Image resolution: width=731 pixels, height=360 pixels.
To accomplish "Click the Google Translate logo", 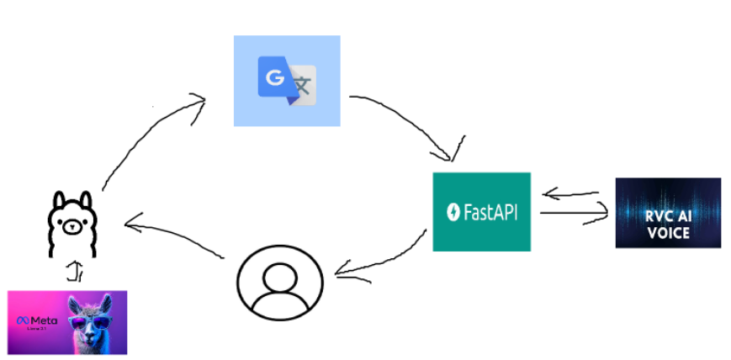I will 286,81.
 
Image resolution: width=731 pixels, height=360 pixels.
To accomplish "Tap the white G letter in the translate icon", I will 273,78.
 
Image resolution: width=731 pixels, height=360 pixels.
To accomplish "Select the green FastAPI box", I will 481,211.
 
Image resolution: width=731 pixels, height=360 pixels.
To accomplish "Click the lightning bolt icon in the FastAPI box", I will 453,211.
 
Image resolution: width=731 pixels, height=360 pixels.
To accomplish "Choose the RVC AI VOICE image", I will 668,212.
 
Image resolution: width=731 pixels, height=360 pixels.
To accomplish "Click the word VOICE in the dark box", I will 669,233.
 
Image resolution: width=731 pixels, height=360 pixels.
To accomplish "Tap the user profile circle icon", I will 280,283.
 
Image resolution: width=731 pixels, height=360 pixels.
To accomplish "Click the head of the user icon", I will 280,273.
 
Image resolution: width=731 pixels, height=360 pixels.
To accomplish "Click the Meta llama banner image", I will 67,321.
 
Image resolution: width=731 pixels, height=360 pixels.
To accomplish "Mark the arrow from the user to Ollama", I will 177,236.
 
